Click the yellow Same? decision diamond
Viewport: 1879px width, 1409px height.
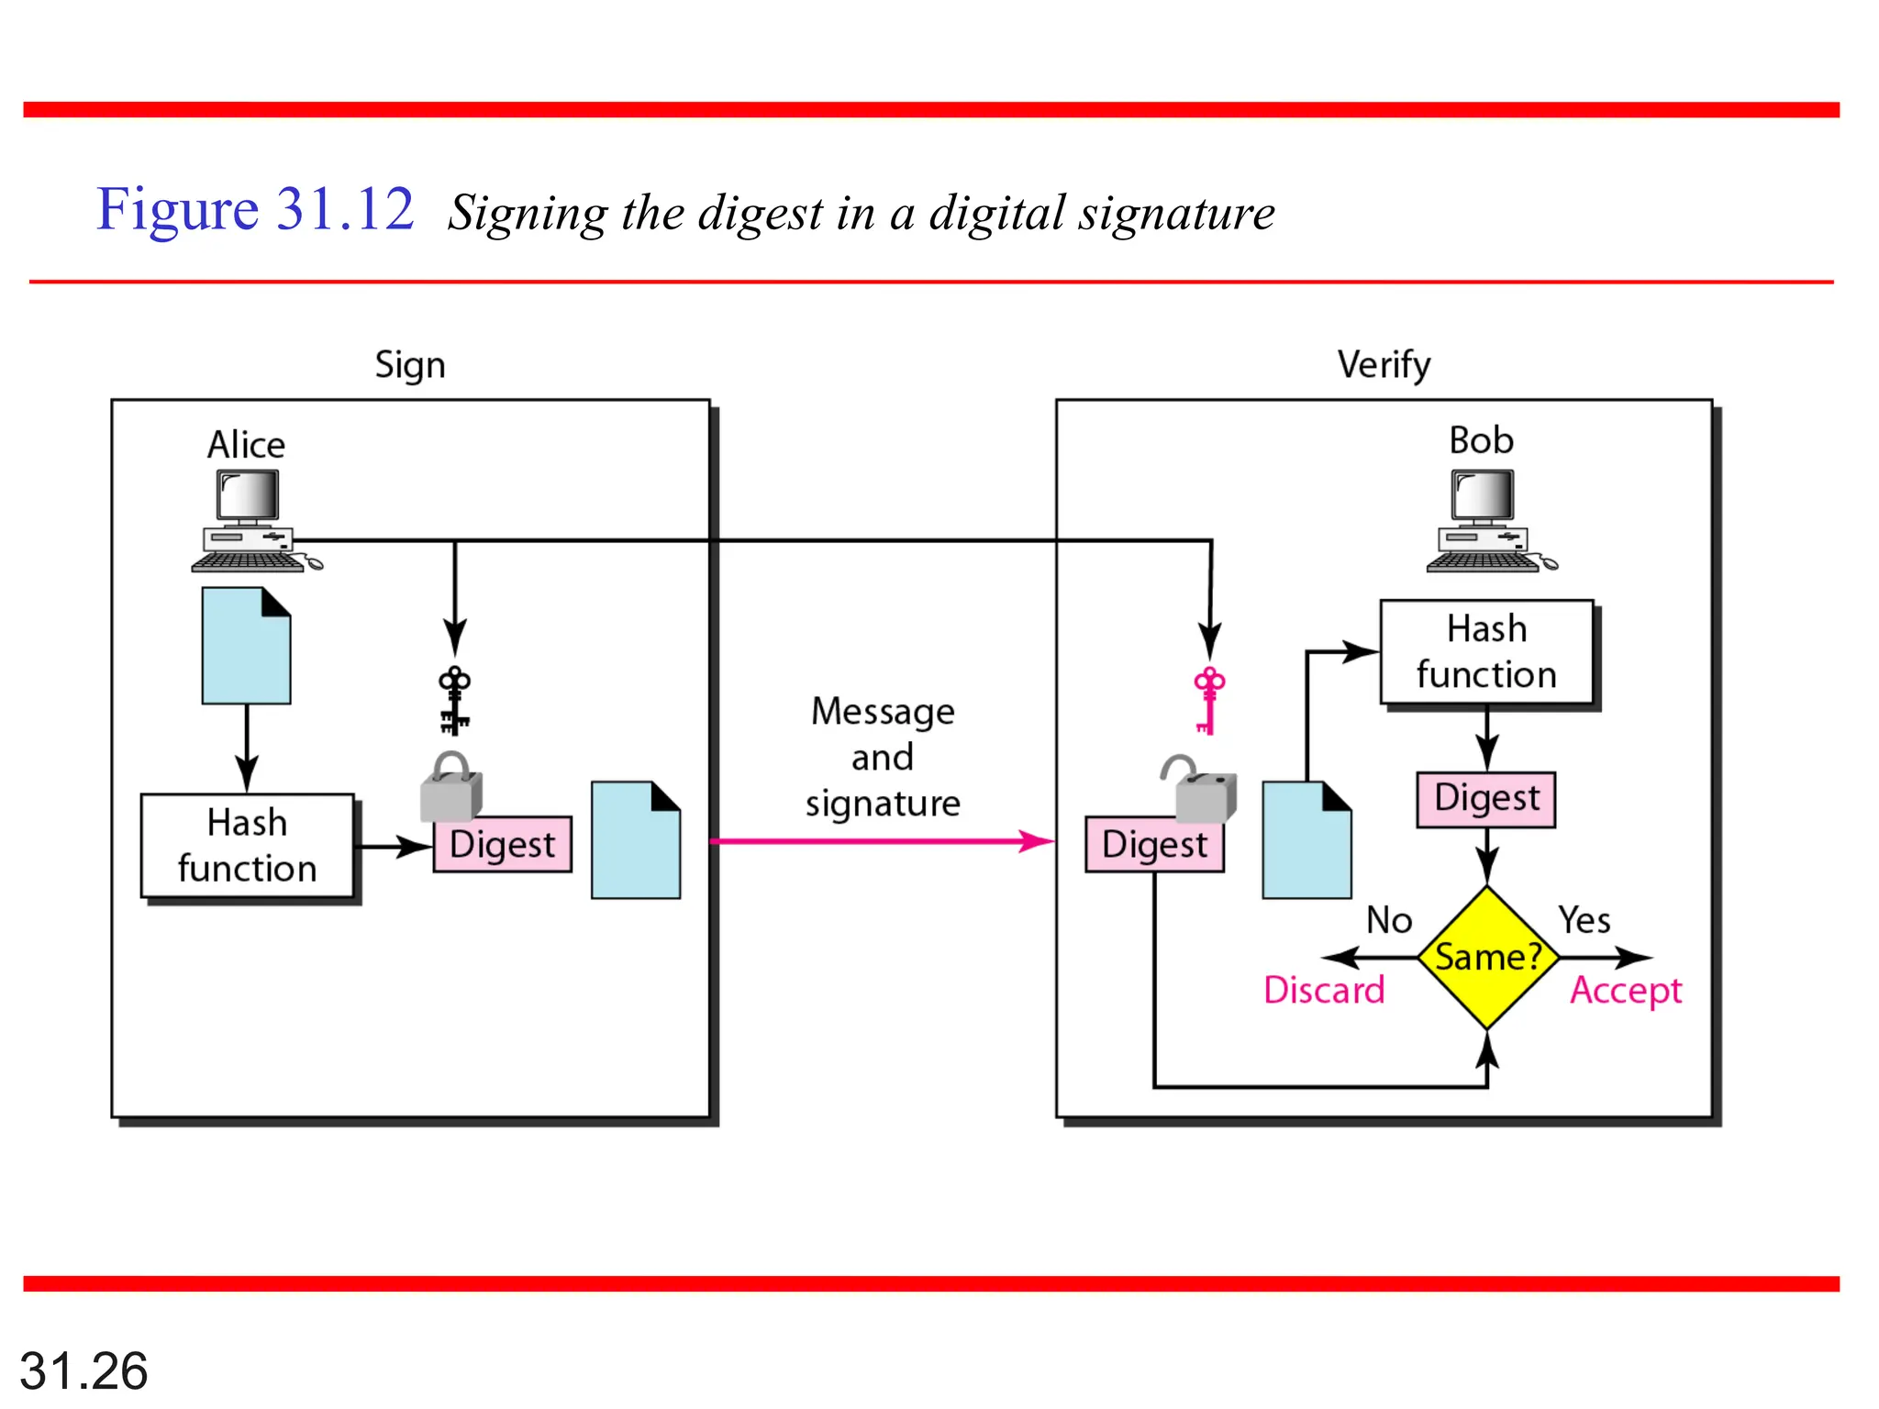pos(1486,957)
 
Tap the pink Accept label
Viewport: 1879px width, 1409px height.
pos(1625,991)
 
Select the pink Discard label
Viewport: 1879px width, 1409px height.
pos(1323,991)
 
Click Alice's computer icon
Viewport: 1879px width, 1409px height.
pos(250,521)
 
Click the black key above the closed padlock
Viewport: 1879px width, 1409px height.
pos(454,700)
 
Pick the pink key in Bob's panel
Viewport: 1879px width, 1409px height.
pos(1208,700)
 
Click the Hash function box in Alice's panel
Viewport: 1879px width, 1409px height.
pos(247,846)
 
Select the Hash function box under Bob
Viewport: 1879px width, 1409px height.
pos(1486,652)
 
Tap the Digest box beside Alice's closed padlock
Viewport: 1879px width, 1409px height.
pos(503,845)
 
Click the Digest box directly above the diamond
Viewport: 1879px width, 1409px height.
pos(1486,799)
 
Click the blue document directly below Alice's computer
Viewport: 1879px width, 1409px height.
pos(246,647)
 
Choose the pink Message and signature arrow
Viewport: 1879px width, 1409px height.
pos(881,841)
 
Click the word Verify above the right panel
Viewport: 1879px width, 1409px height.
pos(1383,365)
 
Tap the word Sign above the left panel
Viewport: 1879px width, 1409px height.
pos(409,365)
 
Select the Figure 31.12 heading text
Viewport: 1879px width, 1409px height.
pos(255,209)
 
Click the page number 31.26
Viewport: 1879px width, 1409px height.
pos(83,1371)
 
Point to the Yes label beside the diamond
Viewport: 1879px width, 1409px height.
pos(1584,920)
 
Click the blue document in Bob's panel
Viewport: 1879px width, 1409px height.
pos(1306,841)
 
